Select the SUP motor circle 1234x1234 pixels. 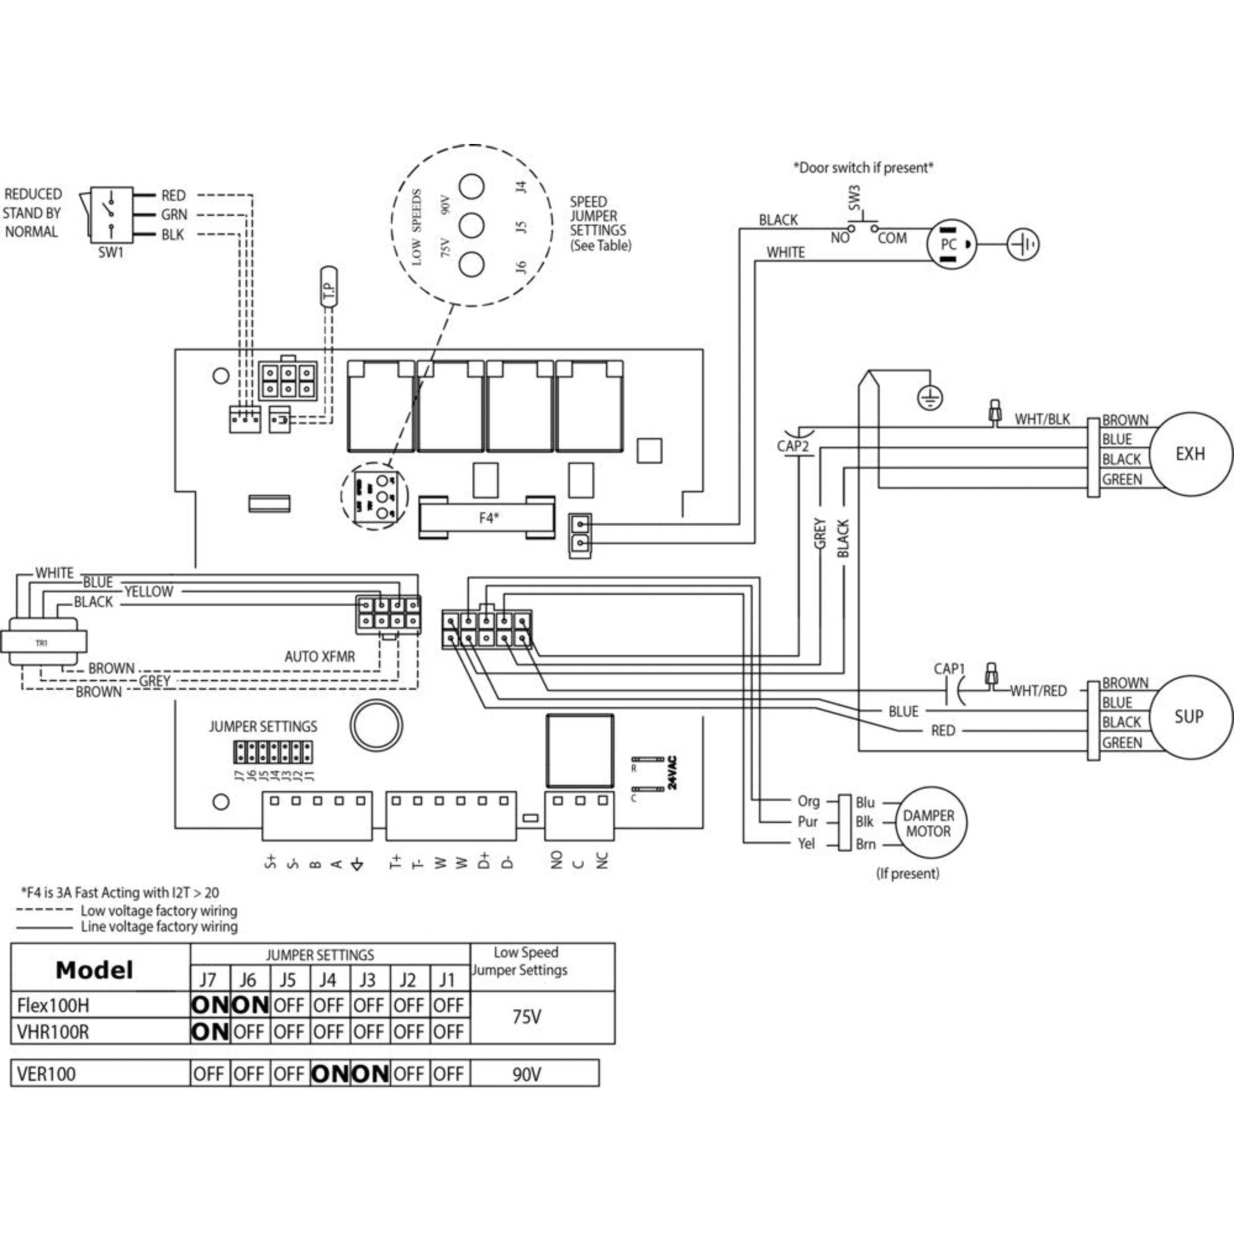1189,717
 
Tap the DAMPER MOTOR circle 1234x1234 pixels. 929,823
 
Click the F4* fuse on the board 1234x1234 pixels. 487,518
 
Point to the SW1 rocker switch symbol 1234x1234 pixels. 111,214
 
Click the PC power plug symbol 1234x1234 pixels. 951,244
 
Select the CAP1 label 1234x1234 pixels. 949,669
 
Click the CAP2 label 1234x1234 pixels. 793,446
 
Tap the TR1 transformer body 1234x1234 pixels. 43,643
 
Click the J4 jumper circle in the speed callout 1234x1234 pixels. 472,187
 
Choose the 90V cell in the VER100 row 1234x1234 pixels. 527,1074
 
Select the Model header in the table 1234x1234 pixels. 95,970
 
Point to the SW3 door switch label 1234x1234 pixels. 855,197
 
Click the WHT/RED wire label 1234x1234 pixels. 1039,691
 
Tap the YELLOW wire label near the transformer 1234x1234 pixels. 148,591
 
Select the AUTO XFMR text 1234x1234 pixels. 319,657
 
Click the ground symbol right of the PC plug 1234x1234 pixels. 1023,244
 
